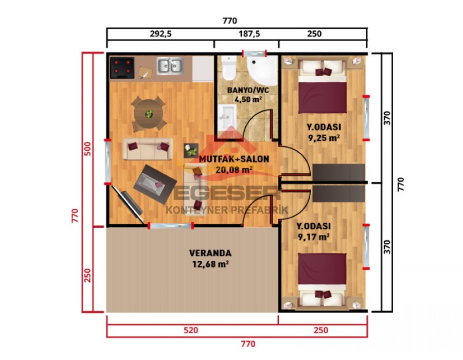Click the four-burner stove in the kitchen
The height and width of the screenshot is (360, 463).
122,68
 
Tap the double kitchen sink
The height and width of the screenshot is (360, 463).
170,65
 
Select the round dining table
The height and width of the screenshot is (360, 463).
148,114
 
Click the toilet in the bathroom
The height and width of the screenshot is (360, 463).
228,68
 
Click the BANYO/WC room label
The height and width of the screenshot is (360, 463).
248,89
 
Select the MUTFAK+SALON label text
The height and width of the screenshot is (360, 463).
234,159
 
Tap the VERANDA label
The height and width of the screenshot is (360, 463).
210,253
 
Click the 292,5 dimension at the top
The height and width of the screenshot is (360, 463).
161,33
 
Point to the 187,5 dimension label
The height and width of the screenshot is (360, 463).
249,33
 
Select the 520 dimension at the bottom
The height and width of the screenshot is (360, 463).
191,330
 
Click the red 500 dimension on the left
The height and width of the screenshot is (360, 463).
87,149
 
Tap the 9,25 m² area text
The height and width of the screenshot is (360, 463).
324,138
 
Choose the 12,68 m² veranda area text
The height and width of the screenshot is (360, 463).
210,264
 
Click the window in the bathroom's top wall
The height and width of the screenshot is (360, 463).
255,53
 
